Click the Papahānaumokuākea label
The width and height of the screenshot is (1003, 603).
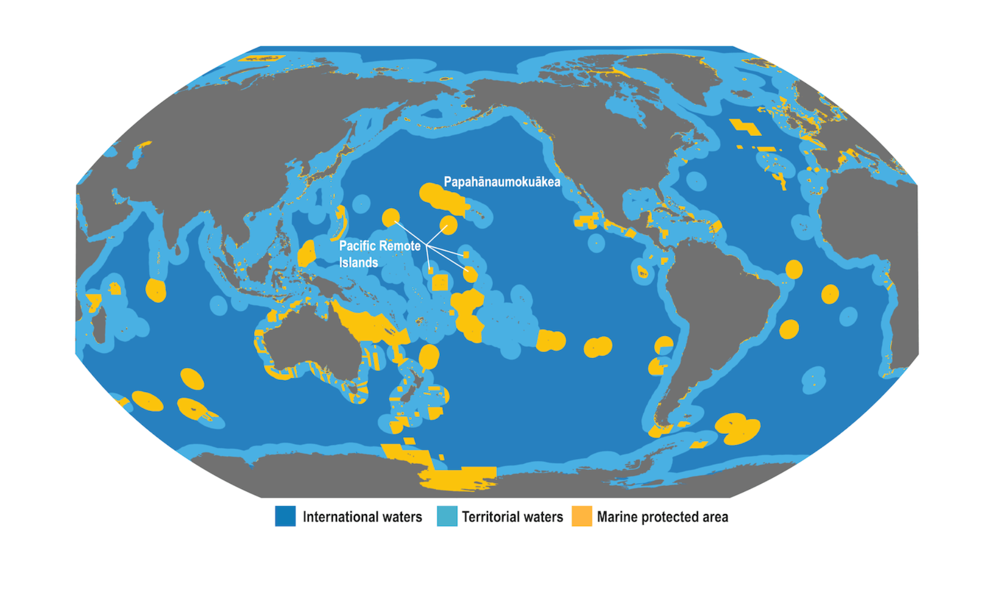pyautogui.click(x=502, y=182)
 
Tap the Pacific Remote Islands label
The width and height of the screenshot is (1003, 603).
pyautogui.click(x=379, y=254)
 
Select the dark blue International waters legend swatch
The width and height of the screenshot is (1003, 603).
pyautogui.click(x=285, y=516)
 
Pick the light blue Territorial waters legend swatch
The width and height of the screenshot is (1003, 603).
pyautogui.click(x=447, y=516)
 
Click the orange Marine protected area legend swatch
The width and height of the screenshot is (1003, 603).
pyautogui.click(x=582, y=516)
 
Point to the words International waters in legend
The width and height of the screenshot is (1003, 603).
pyautogui.click(x=362, y=517)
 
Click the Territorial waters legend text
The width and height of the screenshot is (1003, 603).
pyautogui.click(x=512, y=517)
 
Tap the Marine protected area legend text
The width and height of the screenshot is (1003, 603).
pyautogui.click(x=662, y=517)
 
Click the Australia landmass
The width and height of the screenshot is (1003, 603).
pyautogui.click(x=313, y=340)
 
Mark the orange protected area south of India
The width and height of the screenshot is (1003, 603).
pyautogui.click(x=156, y=290)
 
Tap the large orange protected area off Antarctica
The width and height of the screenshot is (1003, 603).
pyautogui.click(x=458, y=477)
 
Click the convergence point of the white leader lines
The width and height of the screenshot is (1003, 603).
pyautogui.click(x=427, y=246)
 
